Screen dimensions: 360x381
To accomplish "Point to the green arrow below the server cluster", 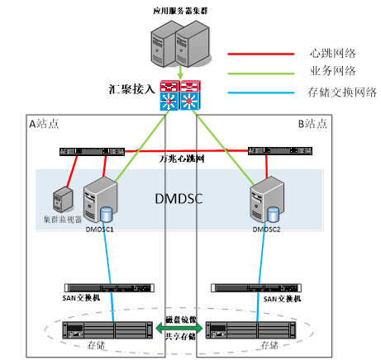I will coord(180,74).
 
